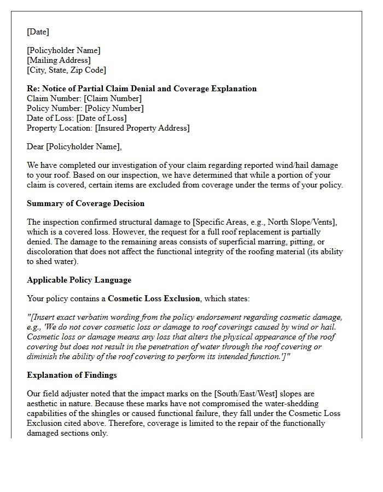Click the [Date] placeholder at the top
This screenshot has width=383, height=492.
(x=38, y=32)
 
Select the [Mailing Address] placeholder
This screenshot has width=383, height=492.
(x=59, y=60)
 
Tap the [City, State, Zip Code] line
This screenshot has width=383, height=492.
(x=66, y=70)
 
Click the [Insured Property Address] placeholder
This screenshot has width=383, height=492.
(x=142, y=128)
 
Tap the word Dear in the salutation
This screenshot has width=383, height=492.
(x=36, y=147)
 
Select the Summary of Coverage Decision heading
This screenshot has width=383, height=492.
(x=85, y=203)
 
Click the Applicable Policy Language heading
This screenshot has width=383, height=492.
(x=79, y=280)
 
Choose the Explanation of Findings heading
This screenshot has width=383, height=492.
(x=72, y=375)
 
